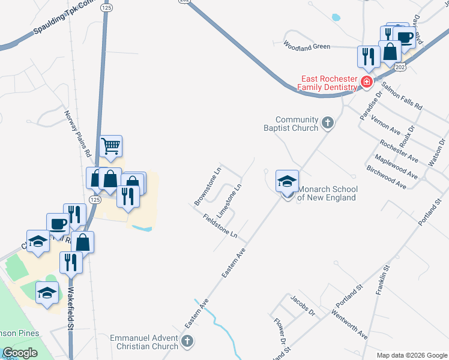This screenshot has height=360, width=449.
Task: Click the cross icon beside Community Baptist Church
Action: [327, 123]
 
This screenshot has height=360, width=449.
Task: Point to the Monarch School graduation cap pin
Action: [287, 181]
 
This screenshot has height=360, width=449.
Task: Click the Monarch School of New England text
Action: [328, 193]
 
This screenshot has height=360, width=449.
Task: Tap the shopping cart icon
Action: [111, 146]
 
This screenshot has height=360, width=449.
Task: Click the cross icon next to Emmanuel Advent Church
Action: [187, 342]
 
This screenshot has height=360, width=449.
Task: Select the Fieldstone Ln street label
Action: [220, 226]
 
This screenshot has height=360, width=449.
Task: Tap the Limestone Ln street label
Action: [229, 201]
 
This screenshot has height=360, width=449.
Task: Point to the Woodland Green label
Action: [307, 46]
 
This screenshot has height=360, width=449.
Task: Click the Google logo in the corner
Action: [20, 353]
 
